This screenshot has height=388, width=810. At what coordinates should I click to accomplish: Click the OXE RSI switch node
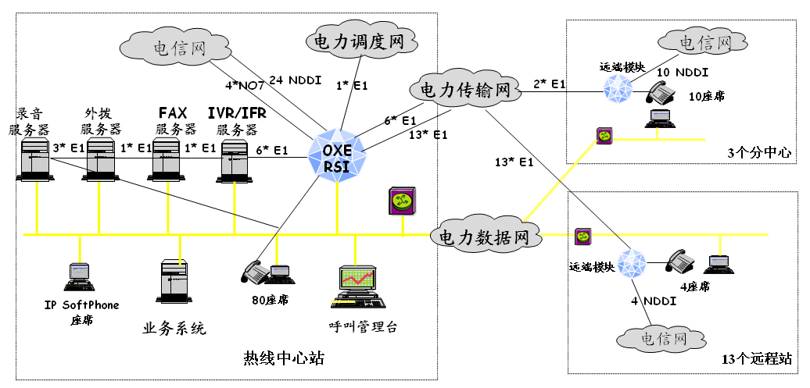tap(338, 155)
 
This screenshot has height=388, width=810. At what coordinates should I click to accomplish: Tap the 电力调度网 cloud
tap(360, 41)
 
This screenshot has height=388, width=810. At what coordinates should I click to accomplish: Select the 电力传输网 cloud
tap(464, 90)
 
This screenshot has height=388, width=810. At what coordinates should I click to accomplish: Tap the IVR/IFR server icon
tap(235, 158)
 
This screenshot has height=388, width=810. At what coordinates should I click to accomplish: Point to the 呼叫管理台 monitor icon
tap(359, 287)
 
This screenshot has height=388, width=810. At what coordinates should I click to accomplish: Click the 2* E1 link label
tap(550, 83)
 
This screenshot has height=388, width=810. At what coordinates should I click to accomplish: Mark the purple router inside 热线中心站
tap(400, 201)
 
